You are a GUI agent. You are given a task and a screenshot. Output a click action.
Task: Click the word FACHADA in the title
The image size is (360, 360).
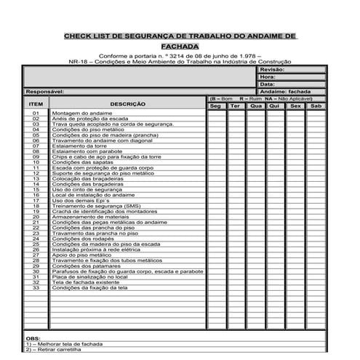coord(180,46)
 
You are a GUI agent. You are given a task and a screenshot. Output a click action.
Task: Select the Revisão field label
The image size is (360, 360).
coord(271,69)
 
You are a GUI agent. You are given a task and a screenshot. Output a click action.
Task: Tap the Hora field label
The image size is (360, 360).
coord(267,76)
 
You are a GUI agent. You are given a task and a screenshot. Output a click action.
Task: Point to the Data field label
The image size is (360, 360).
coord(267,84)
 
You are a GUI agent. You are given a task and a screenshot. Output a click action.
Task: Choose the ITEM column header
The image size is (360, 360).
coord(36,105)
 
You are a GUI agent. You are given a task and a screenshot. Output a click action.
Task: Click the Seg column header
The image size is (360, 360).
coord(215,106)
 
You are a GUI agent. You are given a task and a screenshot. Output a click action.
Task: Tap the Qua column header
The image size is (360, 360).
coord(255,106)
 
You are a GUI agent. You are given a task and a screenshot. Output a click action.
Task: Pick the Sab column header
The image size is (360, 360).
coord(315,106)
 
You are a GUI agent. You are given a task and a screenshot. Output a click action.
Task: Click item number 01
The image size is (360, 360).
coord(36,114)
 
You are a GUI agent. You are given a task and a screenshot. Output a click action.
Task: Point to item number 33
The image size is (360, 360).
coord(36,288)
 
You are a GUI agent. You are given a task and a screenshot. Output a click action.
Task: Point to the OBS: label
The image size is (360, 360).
coord(33,339)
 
